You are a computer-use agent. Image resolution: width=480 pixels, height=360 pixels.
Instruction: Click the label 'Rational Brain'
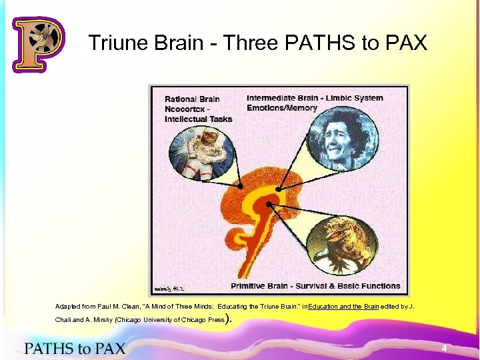(x=193, y=99)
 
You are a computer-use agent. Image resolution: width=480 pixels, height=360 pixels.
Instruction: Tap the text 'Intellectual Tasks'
(x=199, y=119)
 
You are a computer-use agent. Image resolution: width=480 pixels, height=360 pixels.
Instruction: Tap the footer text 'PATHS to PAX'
(x=75, y=348)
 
